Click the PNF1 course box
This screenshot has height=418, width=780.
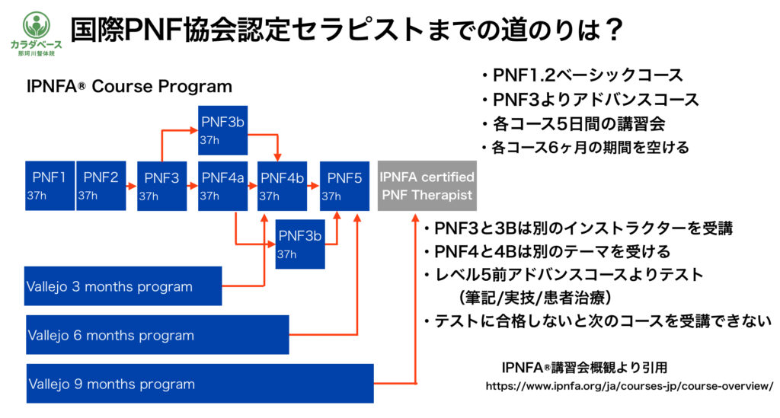(x=50, y=186)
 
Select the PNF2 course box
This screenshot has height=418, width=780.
(x=101, y=186)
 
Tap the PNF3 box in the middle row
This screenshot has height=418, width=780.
(x=161, y=186)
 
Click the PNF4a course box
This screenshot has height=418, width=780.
(x=222, y=186)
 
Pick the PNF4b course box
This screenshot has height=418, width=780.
(x=283, y=186)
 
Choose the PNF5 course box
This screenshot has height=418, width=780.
(x=344, y=186)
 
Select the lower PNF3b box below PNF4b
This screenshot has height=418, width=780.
(x=300, y=244)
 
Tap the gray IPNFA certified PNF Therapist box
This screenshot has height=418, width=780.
(x=427, y=186)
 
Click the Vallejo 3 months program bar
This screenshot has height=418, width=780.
(x=123, y=286)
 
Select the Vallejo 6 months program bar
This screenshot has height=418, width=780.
(x=157, y=334)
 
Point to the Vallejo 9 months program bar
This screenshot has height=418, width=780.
(x=200, y=383)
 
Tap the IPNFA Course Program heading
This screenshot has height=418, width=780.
(x=129, y=86)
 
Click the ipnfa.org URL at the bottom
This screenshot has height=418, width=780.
(x=629, y=387)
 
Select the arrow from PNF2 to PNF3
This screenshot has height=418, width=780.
(x=131, y=186)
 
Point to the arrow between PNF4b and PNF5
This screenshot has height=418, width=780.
(x=314, y=186)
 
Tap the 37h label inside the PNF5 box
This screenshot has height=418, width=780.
(x=331, y=196)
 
